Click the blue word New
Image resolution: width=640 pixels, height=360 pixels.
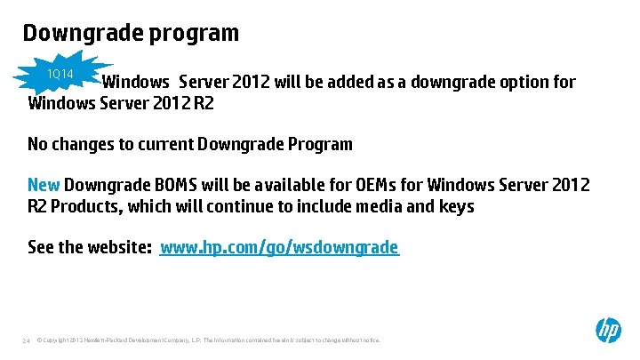pyautogui.click(x=44, y=185)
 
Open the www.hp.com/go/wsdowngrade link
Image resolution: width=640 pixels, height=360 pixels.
pyautogui.click(x=279, y=247)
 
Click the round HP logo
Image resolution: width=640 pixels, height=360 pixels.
pyautogui.click(x=608, y=331)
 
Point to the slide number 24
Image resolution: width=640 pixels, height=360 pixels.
pyautogui.click(x=27, y=340)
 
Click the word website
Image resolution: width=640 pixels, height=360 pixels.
pyautogui.click(x=119, y=247)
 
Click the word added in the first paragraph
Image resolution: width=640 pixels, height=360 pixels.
pyautogui.click(x=348, y=83)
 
